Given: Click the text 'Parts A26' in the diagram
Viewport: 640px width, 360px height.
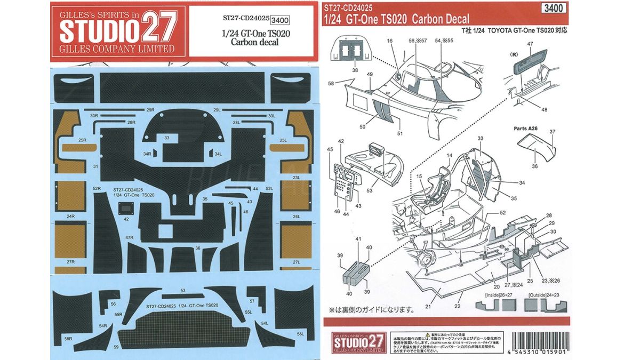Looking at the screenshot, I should coord(525,128).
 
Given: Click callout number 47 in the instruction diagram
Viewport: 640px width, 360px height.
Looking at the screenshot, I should coord(530,43).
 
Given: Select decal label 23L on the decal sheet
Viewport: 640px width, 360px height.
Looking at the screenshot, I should coord(297,178).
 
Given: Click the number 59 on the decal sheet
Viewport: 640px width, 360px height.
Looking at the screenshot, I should coord(116,347).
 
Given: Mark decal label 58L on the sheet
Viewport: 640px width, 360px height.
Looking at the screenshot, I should coord(301,334).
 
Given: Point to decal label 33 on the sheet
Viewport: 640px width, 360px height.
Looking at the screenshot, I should coord(167,138).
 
